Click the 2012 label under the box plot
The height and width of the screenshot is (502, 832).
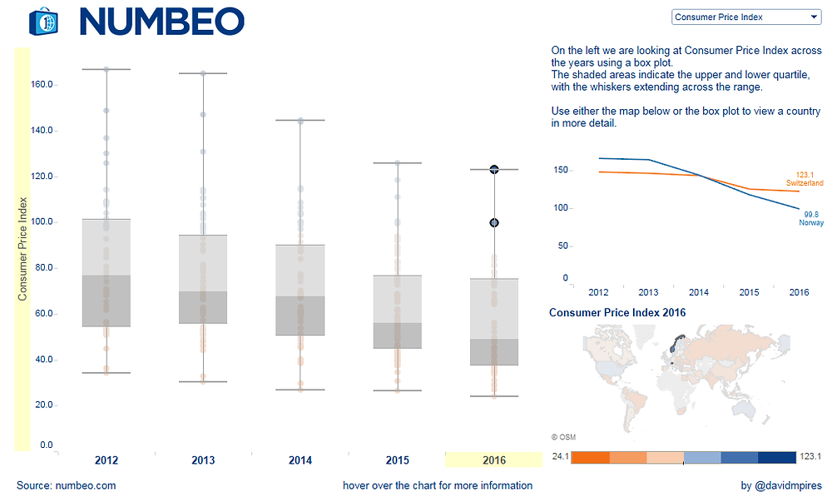click(x=106, y=460)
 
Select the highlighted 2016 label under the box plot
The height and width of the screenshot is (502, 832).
click(x=494, y=460)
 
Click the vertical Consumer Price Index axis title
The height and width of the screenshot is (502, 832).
click(x=22, y=248)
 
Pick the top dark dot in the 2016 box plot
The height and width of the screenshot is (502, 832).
click(x=494, y=169)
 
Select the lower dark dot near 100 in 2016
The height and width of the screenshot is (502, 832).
click(x=494, y=223)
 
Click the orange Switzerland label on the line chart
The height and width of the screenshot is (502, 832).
click(x=805, y=183)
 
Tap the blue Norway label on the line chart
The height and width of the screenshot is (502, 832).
click(x=811, y=223)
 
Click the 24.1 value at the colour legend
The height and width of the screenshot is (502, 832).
click(x=559, y=456)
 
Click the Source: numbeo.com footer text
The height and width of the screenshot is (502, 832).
click(x=67, y=485)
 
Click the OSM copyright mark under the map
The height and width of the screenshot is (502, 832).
click(x=563, y=437)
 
